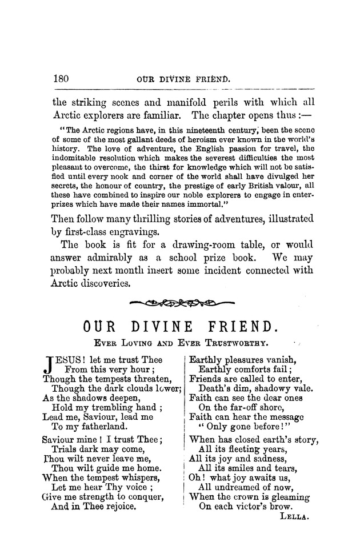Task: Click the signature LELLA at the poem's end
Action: [x=295, y=516]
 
